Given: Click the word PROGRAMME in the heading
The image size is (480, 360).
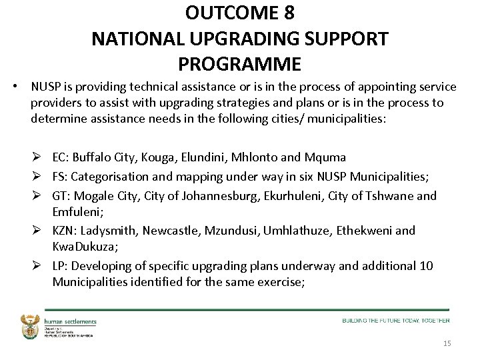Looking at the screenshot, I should coord(240,64).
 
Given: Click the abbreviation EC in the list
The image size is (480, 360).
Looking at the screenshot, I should coord(59,157).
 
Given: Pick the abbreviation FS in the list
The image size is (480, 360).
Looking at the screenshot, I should coord(59,177).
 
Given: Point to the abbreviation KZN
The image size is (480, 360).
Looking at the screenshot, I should coord(63,231).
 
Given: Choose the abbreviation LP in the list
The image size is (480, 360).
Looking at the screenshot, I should coord(59,266).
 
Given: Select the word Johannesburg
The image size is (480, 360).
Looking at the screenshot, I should coord(205,195).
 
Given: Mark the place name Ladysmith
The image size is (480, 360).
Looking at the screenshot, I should coord(111,231).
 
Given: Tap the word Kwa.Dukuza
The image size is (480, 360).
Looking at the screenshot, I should coord(83,247).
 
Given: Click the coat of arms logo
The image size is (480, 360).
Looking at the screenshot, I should coord(31,325).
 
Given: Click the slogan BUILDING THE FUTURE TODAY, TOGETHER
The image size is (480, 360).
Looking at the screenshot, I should coord(396,320).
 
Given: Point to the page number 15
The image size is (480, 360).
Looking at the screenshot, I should coord(447,343).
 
